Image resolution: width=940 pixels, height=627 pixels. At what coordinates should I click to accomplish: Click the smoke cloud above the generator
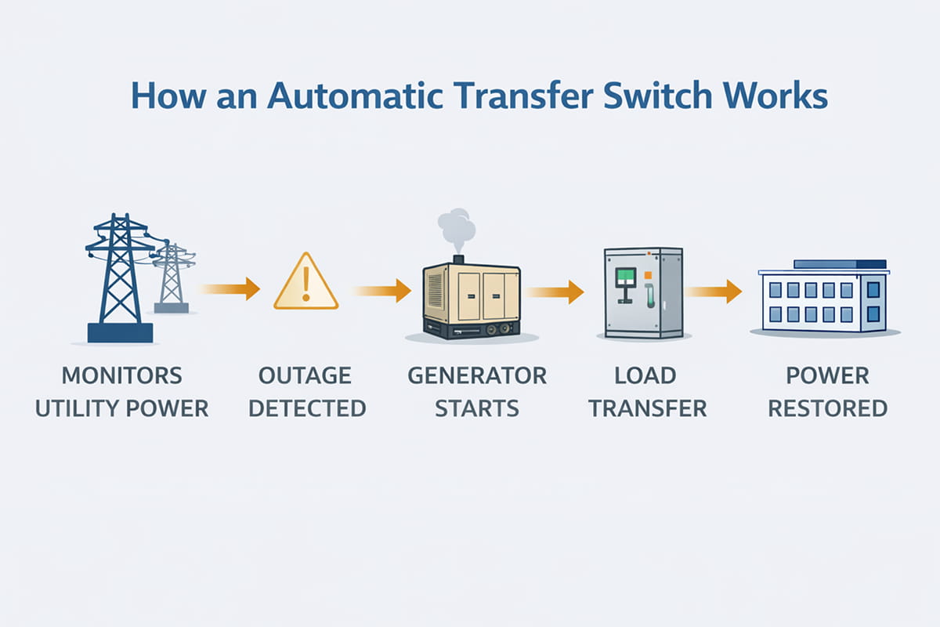click(x=457, y=227)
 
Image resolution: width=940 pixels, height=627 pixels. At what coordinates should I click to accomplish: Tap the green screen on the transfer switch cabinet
click(x=625, y=277)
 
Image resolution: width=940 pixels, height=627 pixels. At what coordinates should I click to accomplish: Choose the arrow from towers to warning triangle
click(x=231, y=288)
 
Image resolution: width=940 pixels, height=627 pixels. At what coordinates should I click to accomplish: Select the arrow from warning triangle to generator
click(x=384, y=290)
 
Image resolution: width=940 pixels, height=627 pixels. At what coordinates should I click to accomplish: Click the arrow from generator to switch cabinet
click(x=556, y=292)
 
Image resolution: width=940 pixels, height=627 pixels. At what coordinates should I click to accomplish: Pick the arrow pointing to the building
click(x=714, y=291)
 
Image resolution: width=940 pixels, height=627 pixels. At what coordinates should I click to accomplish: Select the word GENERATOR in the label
click(x=477, y=375)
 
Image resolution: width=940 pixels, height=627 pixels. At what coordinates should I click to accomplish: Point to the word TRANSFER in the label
click(x=648, y=408)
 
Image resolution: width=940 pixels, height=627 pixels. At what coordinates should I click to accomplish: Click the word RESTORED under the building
click(x=828, y=408)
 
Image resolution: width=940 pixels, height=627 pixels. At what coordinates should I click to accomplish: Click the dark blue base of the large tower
click(x=120, y=332)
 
